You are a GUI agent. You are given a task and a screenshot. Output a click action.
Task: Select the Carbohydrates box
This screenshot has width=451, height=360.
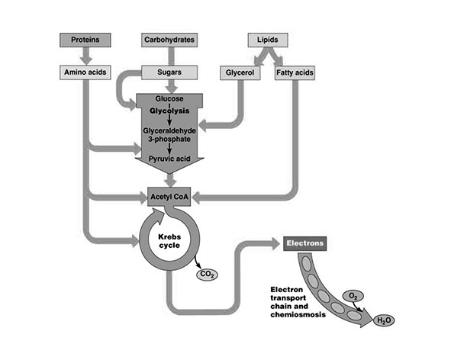tap(169, 39)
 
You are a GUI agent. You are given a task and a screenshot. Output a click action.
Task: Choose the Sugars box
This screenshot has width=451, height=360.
tap(169, 72)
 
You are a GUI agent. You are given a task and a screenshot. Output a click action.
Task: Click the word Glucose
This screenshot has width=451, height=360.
tap(169, 99)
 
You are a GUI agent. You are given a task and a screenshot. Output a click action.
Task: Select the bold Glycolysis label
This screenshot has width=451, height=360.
tap(169, 111)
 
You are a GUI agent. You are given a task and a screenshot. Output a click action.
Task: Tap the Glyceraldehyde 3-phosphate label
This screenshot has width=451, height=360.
tap(169, 136)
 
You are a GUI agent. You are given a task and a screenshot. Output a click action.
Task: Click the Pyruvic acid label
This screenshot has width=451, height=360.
tap(169, 159)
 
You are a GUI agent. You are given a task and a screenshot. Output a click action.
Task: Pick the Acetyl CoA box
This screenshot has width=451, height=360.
tap(169, 196)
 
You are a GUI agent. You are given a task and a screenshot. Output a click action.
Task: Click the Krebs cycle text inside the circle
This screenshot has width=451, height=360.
tap(169, 241)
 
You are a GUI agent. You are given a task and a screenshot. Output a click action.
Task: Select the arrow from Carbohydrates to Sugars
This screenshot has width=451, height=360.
tap(169, 55)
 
